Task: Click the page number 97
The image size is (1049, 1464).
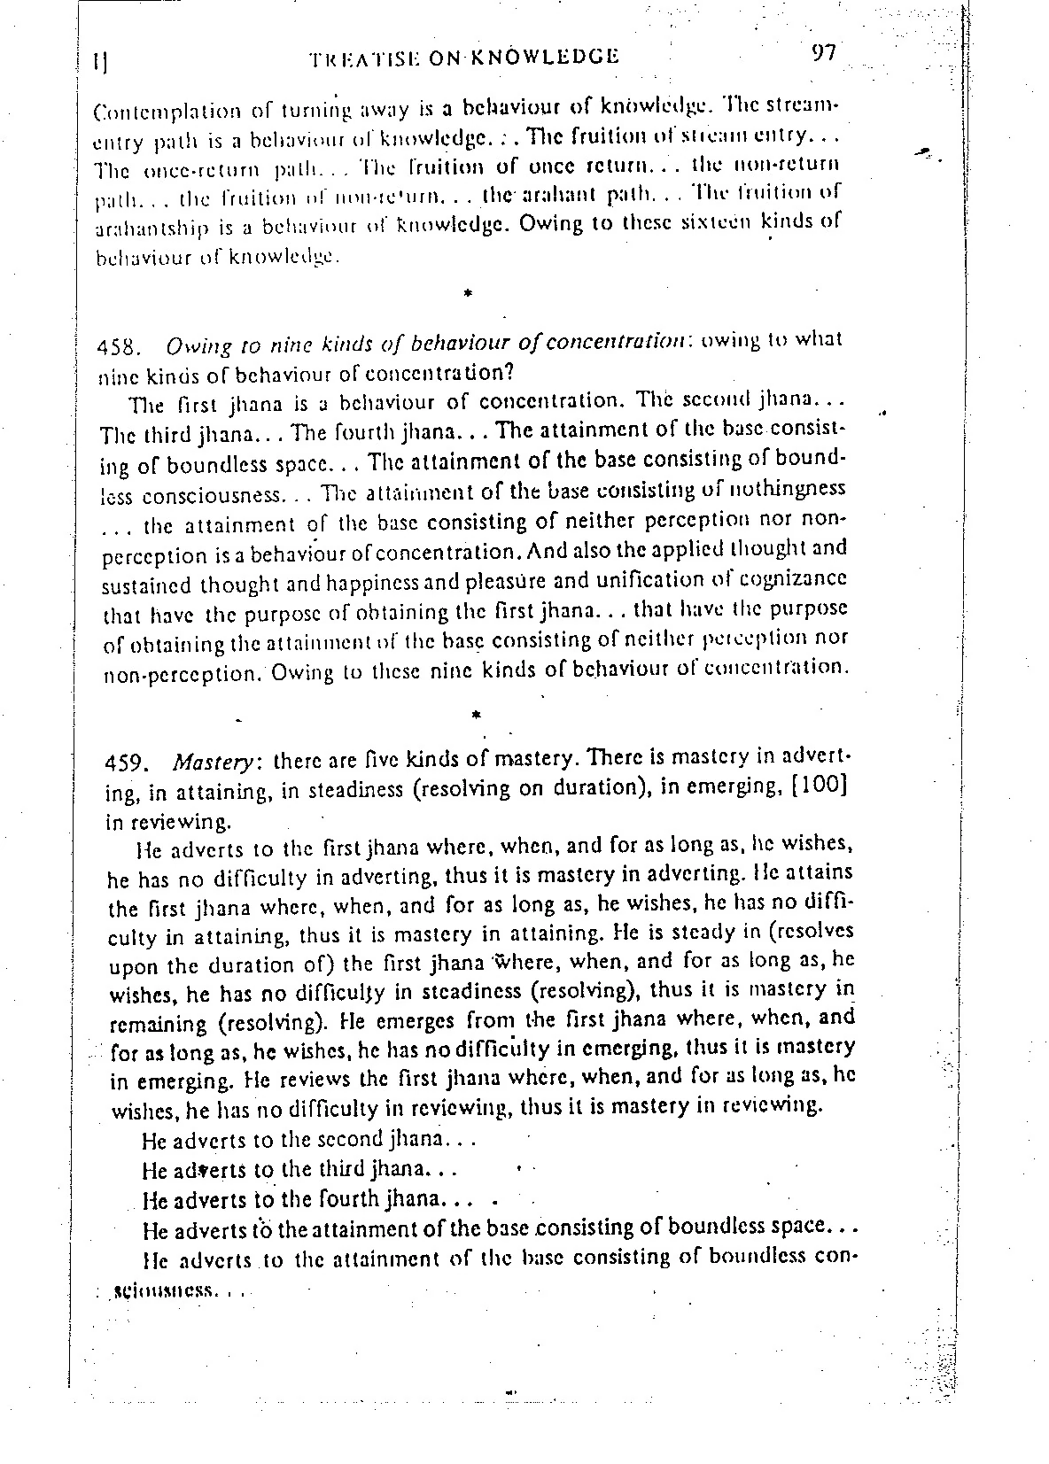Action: [823, 53]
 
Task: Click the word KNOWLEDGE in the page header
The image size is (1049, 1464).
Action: [543, 58]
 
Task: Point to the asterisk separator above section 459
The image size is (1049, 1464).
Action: [477, 712]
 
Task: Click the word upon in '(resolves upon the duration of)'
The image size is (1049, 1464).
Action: [136, 964]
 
